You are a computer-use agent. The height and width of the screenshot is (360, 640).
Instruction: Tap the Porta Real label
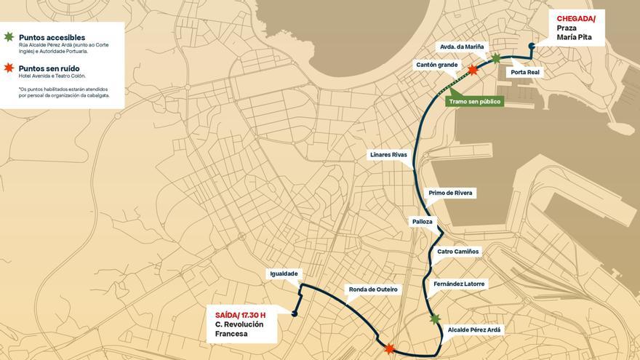524,72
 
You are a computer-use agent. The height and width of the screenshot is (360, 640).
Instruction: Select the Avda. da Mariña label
461,47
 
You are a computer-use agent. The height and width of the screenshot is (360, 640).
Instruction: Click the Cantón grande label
436,65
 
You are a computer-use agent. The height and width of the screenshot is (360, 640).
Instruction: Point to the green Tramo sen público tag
474,101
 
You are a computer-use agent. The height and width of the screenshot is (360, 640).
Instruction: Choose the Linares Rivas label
388,154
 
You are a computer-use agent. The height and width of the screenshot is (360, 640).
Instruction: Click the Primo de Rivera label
450,193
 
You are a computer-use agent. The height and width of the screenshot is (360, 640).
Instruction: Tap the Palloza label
422,221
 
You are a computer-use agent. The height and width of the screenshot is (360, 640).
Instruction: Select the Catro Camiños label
457,252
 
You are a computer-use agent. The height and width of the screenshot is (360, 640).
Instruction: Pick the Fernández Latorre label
458,284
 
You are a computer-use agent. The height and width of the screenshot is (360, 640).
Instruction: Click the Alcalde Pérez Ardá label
473,329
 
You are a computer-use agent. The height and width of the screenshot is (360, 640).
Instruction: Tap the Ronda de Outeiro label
373,289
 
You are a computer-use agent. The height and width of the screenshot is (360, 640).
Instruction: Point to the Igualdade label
284,273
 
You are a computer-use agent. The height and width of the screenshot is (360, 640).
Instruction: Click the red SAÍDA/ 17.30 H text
240,315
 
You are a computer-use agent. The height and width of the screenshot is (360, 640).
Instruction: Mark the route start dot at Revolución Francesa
295,314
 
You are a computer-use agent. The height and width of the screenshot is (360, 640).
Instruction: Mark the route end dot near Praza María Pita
532,46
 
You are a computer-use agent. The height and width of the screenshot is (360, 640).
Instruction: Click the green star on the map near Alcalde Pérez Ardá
435,319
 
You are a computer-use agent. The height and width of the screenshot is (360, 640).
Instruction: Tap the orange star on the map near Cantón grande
473,70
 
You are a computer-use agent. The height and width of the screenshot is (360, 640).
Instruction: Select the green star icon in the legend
9,36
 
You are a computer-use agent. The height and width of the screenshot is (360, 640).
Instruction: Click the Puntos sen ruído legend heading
49,68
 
